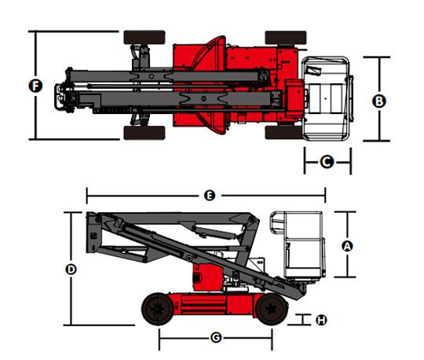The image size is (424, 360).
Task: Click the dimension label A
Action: (347, 246)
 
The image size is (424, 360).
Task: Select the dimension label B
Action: (379, 101)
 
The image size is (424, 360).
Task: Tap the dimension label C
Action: (327, 162)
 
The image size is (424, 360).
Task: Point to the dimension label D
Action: (71, 270)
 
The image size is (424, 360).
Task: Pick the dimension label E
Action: (210, 196)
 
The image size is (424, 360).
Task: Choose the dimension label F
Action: (35, 86)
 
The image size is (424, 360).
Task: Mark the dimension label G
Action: (216, 337)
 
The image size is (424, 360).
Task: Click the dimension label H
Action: (321, 320)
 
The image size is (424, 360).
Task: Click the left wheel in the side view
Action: (158, 309)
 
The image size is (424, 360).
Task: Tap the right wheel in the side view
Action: (272, 309)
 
